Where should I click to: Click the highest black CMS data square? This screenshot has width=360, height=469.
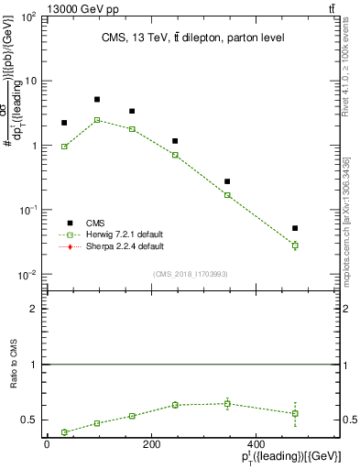click(x=97, y=99)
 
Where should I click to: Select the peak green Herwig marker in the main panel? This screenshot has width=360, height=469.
click(x=97, y=120)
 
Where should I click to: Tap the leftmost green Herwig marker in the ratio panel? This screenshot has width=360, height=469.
click(x=64, y=432)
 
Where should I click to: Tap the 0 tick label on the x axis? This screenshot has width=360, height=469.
click(x=47, y=444)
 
